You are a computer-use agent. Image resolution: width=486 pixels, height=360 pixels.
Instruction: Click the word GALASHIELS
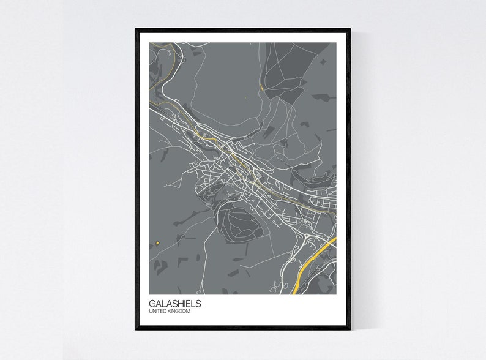174,303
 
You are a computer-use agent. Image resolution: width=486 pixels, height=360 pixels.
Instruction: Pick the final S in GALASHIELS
198,303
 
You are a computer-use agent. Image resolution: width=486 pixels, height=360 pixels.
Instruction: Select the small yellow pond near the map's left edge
157,243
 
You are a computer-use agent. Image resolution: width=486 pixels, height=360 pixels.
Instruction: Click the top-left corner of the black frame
136,29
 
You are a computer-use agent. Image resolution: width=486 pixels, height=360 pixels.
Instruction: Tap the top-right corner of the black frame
350,29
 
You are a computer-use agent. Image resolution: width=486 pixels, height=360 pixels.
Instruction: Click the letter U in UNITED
151,312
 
